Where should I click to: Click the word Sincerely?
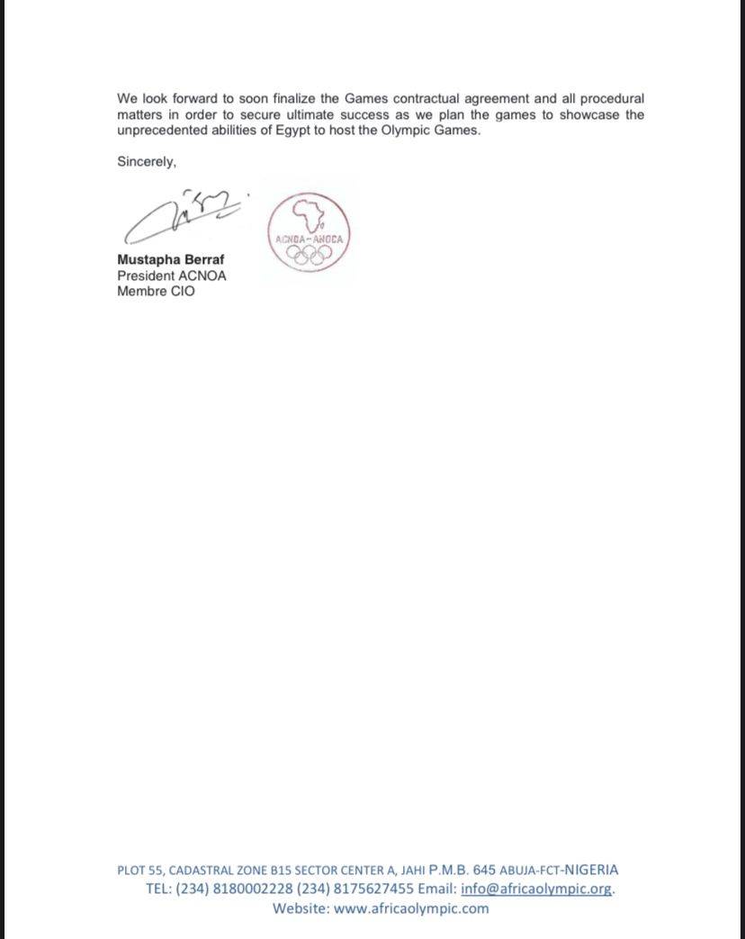[146, 162]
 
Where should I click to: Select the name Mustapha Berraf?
[171, 259]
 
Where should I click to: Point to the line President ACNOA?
[172, 275]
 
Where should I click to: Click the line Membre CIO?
[156, 292]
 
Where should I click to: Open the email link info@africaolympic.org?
[537, 889]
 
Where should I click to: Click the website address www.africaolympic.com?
[411, 907]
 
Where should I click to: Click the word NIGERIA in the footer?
[591, 870]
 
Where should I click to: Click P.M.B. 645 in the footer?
[462, 870]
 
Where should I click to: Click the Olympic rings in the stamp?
[309, 254]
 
